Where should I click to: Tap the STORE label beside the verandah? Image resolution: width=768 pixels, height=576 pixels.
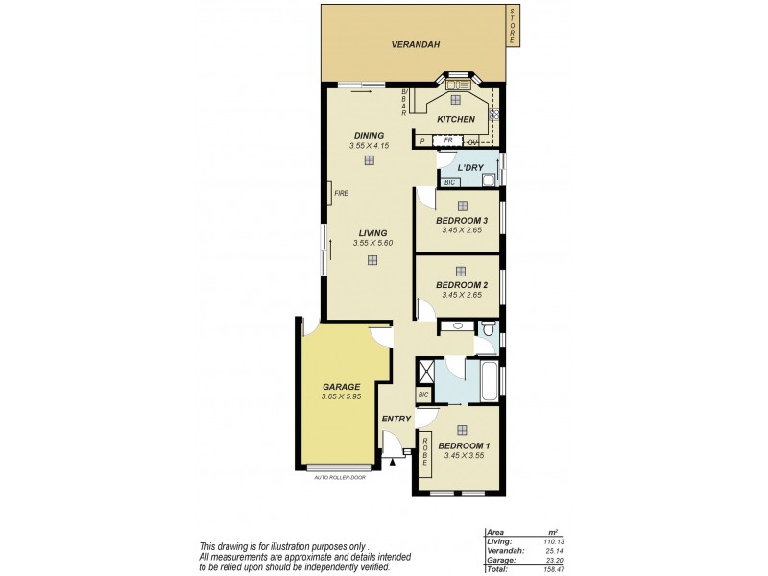[513, 27]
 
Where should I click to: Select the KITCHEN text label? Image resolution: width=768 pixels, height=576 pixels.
[455, 119]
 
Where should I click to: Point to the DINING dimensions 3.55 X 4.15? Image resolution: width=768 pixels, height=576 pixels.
[369, 146]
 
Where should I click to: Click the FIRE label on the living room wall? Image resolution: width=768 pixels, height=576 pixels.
[341, 194]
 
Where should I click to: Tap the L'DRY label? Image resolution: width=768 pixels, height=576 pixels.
[469, 167]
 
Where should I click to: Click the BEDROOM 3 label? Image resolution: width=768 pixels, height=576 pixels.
[462, 221]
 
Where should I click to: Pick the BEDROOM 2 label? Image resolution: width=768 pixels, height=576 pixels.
[462, 285]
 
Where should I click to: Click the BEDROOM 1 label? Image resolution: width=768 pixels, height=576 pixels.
[464, 445]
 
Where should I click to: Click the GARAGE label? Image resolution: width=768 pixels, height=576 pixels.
[341, 386]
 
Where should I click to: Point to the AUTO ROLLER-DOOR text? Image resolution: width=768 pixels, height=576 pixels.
[341, 477]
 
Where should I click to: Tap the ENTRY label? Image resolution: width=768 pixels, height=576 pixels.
[396, 419]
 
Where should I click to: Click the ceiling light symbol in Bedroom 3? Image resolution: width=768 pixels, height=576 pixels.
[462, 205]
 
